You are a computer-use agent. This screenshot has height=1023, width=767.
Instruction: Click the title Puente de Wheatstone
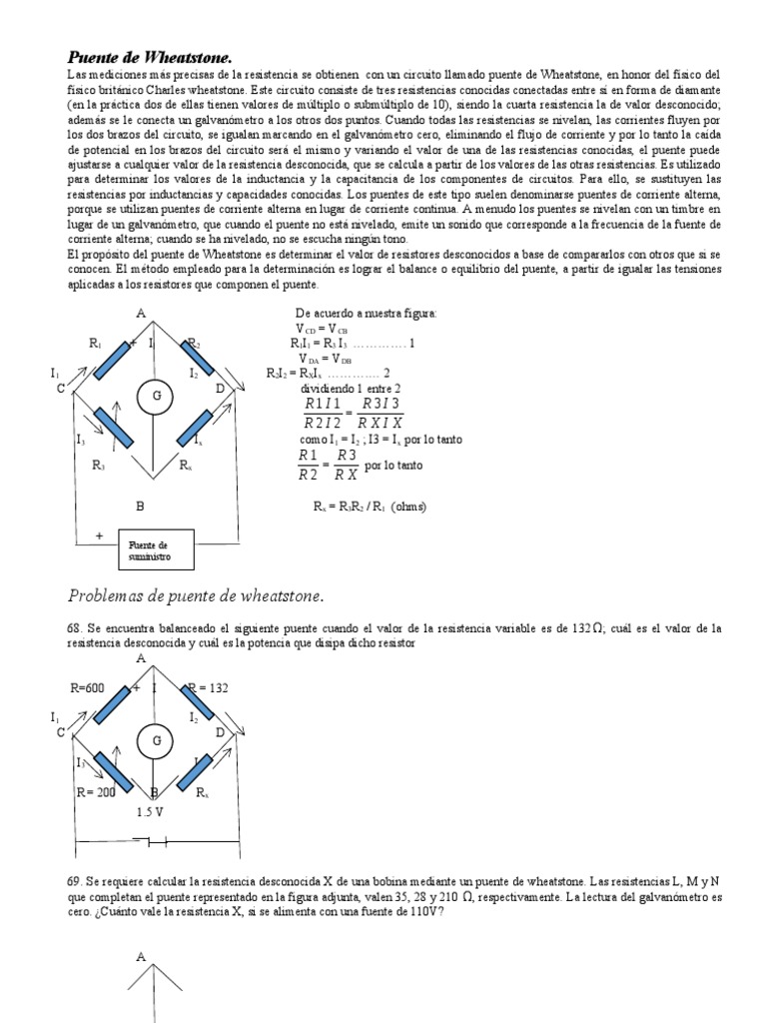(x=156, y=57)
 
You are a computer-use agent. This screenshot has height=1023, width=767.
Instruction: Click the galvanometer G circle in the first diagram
(x=156, y=396)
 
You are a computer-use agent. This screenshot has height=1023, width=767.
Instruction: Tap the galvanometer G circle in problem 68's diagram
(x=156, y=740)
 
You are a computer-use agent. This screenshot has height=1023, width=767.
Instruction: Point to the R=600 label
(x=88, y=688)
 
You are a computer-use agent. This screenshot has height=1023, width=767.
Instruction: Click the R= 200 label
(x=96, y=791)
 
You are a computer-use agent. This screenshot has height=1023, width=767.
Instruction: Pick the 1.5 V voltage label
(x=150, y=812)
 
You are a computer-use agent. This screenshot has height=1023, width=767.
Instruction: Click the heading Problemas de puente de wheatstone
(x=196, y=596)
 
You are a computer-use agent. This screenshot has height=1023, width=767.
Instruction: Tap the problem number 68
(x=75, y=627)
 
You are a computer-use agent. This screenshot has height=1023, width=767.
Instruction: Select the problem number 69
(x=75, y=883)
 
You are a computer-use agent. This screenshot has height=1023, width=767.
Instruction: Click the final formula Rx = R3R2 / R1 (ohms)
(x=370, y=507)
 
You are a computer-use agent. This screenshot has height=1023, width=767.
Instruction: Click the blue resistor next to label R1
(x=114, y=358)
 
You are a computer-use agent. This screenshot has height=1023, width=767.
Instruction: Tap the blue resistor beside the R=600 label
(x=114, y=702)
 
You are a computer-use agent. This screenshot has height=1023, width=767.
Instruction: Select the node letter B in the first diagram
(x=140, y=507)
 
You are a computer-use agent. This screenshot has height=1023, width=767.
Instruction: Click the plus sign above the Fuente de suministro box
(x=99, y=534)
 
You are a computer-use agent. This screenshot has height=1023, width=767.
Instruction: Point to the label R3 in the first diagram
(x=98, y=466)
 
